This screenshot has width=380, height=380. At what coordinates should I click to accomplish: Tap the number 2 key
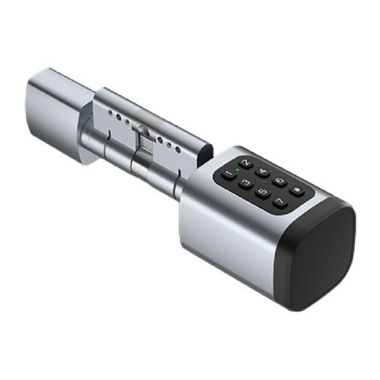click(x=246, y=163)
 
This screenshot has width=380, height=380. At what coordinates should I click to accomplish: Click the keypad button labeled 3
click(x=245, y=182)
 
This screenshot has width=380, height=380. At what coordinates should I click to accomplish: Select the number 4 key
click(x=263, y=172)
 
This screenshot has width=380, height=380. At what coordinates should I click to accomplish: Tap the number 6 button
click(x=280, y=181)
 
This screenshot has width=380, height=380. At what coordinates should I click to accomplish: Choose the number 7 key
click(x=280, y=201)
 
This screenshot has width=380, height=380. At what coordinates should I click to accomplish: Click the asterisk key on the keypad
click(x=296, y=190)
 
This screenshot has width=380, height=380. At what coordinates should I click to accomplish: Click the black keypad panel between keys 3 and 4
click(x=255, y=177)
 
